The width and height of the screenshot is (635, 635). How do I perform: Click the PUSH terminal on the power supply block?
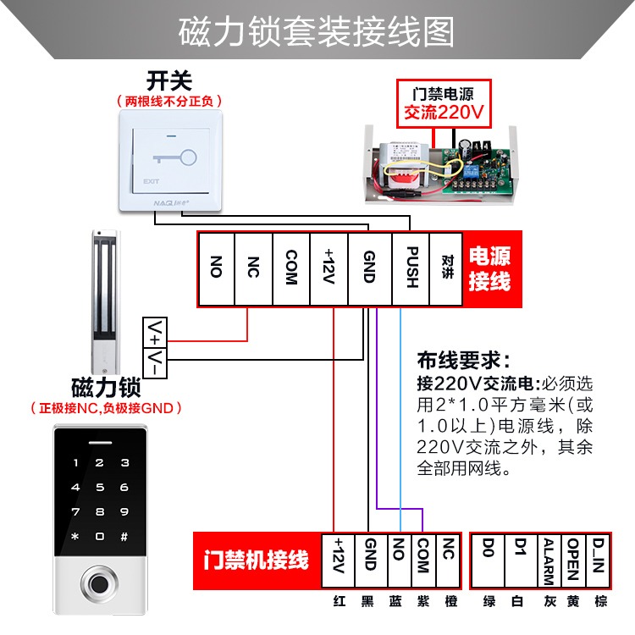410,268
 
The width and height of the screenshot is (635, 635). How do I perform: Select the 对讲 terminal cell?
448,268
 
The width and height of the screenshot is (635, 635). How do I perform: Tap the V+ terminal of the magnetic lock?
157,329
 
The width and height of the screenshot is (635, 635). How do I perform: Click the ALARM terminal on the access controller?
548,560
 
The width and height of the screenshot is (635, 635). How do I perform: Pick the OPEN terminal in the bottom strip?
572,560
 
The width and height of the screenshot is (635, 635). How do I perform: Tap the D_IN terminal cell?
597,560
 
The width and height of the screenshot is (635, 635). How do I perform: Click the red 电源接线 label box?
491,268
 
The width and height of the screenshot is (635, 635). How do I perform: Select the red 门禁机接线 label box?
256,560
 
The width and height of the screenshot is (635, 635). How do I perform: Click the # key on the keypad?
124,537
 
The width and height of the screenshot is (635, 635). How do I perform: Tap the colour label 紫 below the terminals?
423,601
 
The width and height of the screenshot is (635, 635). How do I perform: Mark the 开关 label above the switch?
169,81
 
